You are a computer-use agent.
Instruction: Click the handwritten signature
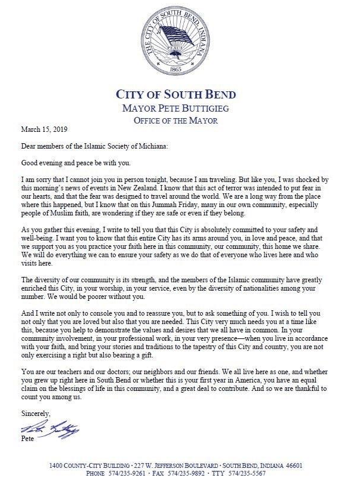point(43,428)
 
